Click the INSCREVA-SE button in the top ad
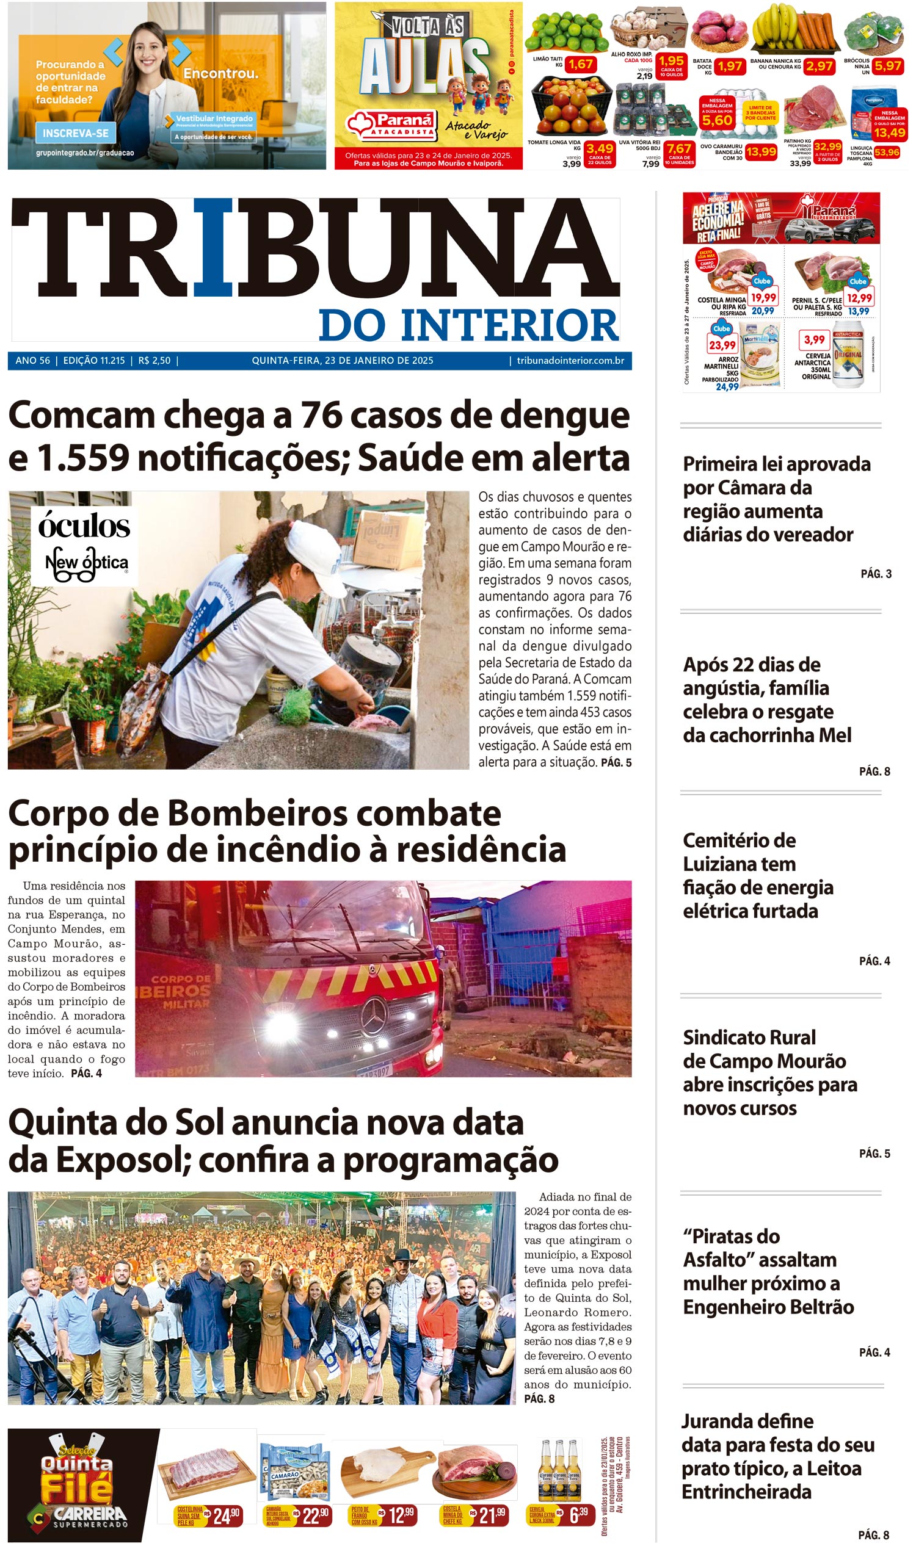(76, 132)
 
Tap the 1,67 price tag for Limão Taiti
(580, 64)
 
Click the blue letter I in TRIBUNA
(214, 247)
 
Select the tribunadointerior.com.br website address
(570, 360)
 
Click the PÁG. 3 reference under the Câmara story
(875, 574)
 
